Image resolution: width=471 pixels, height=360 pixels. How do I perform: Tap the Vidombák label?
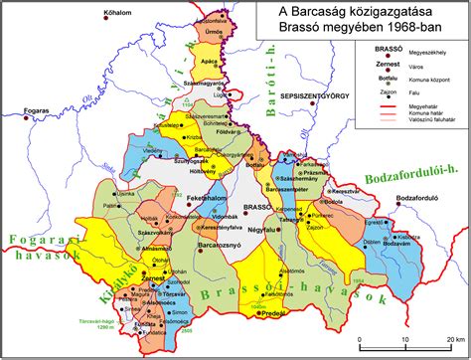226,215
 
